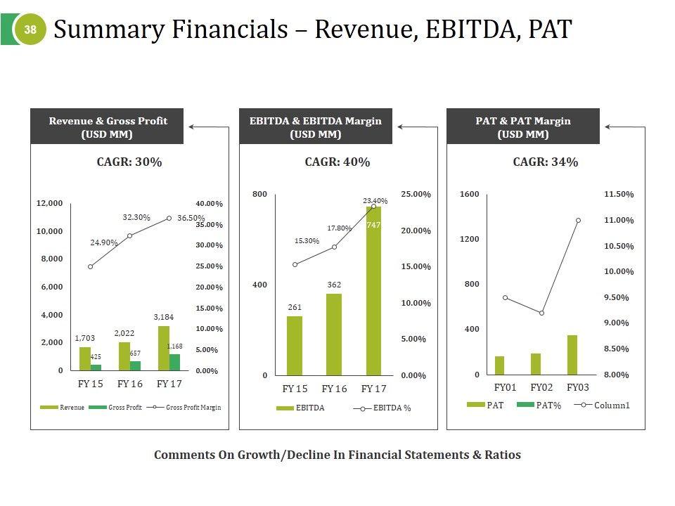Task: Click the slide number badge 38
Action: click(30, 30)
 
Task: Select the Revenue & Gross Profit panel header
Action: click(108, 126)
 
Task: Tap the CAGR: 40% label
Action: click(337, 162)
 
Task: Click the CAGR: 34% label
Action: click(546, 162)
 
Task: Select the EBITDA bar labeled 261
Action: click(295, 346)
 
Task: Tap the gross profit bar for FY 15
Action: click(96, 367)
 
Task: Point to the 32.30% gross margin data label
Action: click(136, 217)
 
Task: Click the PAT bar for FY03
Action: click(572, 355)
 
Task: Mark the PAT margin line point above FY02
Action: click(541, 313)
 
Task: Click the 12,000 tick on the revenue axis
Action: click(50, 203)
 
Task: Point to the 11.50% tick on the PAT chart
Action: click(619, 194)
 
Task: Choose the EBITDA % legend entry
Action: click(385, 408)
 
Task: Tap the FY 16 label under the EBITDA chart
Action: click(334, 389)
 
